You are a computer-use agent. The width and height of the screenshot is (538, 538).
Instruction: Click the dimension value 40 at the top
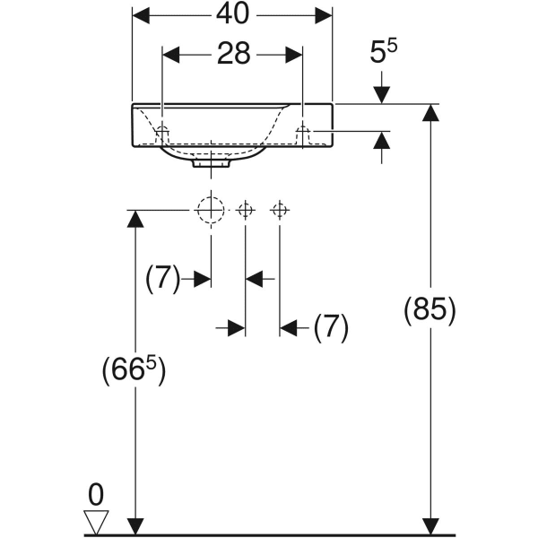(232, 14)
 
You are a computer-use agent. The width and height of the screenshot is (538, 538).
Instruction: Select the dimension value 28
(232, 54)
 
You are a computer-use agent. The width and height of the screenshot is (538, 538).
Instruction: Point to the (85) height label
(430, 309)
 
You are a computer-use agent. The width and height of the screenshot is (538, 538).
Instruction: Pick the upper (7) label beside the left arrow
(163, 279)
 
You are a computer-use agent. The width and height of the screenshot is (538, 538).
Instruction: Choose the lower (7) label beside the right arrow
(331, 328)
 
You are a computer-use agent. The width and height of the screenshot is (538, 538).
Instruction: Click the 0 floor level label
(96, 493)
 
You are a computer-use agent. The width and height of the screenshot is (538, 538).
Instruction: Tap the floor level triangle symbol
(96, 521)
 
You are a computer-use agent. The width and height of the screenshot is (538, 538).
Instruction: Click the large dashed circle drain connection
(211, 210)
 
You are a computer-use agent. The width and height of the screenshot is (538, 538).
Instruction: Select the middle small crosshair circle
(246, 210)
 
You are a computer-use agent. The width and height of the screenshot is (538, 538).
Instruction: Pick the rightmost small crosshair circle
(280, 210)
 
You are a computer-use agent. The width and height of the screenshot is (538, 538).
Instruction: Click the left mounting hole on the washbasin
(162, 133)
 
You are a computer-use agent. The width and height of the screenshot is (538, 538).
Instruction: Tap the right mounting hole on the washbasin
(303, 133)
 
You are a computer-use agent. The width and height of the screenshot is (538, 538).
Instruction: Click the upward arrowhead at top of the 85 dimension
(431, 113)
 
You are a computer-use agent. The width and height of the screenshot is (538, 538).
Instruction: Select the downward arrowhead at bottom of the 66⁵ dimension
(135, 525)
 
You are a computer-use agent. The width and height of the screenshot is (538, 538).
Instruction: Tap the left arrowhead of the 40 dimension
(142, 14)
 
